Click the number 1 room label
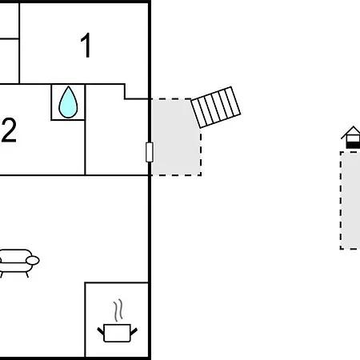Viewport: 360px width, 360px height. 86,46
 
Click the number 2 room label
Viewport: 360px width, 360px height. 9,130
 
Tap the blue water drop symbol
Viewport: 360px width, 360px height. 68,102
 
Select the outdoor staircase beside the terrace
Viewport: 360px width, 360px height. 216,107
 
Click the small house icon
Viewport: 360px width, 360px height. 351,137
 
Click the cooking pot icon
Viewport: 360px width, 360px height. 118,333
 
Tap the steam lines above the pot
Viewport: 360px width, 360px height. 118,310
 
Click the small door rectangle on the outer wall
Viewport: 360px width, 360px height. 150,152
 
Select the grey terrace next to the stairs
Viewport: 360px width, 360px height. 174,138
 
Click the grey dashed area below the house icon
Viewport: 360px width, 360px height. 350,200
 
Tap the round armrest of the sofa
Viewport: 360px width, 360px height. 33,260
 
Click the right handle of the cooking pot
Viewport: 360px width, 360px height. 134,332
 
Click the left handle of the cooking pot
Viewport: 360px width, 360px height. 101,332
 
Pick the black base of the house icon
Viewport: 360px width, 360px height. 353,146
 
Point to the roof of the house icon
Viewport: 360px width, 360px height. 351,132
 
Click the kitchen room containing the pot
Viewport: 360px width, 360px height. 117,319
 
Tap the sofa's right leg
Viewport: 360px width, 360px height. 27,274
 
